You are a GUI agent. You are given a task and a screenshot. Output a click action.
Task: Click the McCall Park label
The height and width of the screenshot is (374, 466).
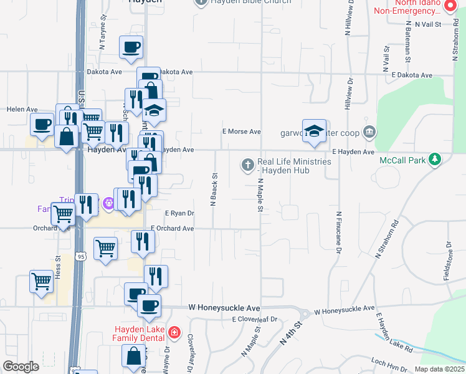point(402,160)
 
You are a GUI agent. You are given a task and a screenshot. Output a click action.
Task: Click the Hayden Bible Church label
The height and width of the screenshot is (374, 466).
point(250,2)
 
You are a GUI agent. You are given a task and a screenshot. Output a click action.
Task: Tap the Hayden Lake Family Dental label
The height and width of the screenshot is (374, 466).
point(140,333)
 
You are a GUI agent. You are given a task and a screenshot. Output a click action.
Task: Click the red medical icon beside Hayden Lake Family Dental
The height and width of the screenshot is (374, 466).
point(174,333)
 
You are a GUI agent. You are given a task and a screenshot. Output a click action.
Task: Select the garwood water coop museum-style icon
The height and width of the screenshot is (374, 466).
point(369,132)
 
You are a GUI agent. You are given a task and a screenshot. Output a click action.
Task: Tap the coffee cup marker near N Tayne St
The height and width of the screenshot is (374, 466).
point(131,47)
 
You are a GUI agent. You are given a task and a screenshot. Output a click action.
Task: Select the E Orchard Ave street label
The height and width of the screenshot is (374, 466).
point(171,229)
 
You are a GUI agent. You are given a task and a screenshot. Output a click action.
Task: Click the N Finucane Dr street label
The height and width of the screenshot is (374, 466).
point(339,232)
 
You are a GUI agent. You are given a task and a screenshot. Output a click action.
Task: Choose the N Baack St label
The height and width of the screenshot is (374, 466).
point(214,190)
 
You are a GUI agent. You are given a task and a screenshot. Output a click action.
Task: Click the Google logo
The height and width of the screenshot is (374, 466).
point(20,367)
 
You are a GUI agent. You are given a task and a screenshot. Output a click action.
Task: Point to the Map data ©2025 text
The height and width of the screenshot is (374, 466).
point(439,369)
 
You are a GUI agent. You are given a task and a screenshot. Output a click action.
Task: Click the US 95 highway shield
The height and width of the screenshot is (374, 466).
point(80,256)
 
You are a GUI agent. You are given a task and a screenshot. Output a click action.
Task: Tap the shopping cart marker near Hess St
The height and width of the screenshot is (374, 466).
point(41,280)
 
